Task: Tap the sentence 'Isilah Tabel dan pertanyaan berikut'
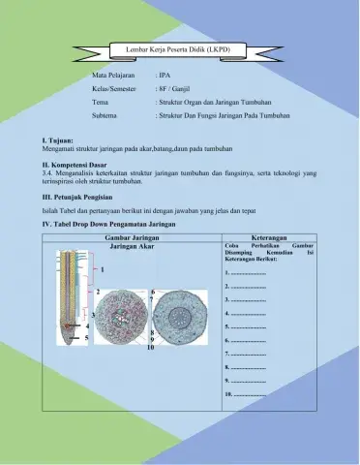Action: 97,208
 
